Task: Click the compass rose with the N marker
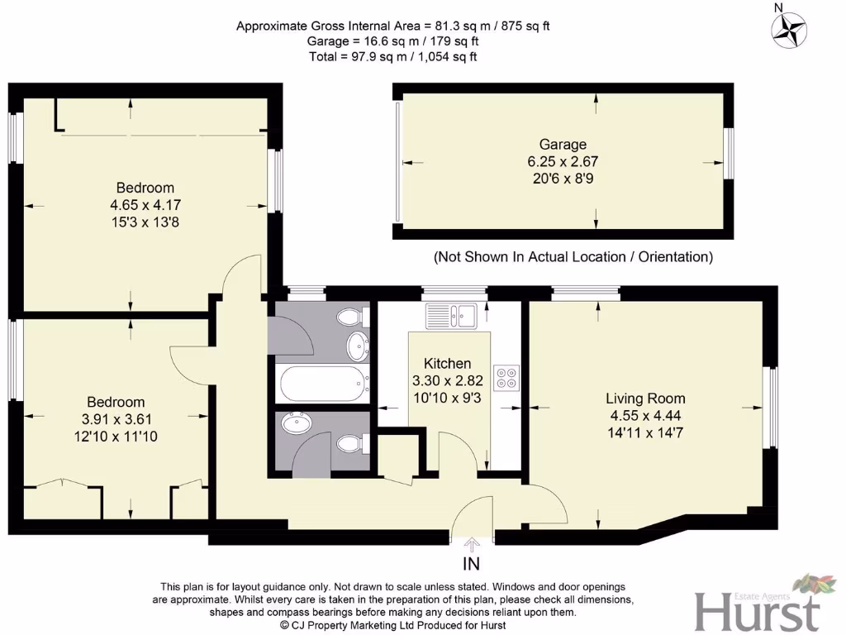[789, 30]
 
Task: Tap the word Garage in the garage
[563, 145]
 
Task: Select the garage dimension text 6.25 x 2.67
[563, 161]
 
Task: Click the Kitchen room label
[447, 364]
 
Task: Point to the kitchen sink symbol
[450, 314]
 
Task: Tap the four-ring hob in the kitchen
[505, 378]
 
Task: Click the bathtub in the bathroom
[323, 384]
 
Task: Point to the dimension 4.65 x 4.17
[145, 204]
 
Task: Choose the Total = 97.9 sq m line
[392, 56]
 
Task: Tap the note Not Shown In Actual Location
[573, 257]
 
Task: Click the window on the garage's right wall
[728, 154]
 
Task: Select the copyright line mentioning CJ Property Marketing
[392, 626]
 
